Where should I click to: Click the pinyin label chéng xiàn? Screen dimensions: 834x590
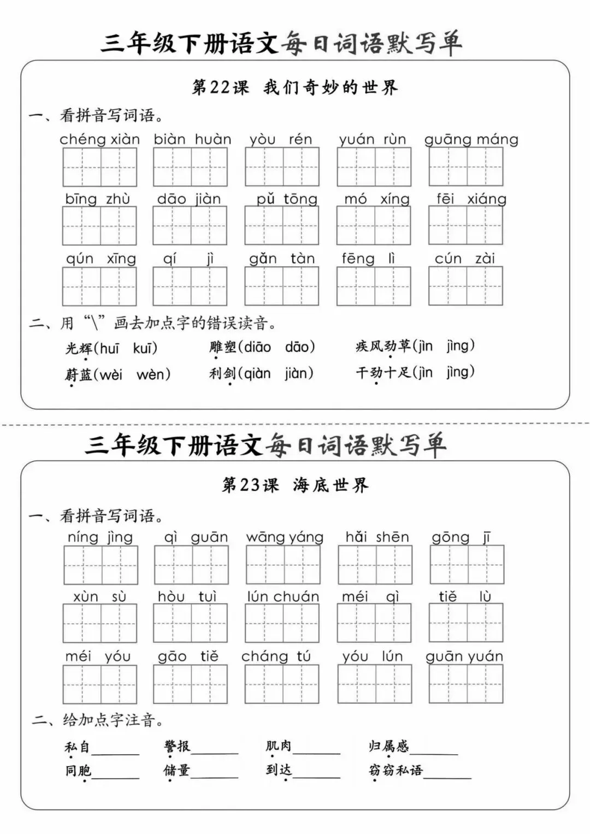(x=99, y=139)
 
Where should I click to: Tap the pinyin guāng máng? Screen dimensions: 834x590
(x=471, y=139)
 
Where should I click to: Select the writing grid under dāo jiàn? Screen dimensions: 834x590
(x=190, y=225)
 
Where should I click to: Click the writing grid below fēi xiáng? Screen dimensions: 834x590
(x=465, y=225)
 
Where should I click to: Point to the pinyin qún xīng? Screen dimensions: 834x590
(x=101, y=259)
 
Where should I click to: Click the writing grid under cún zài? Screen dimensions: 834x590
(x=465, y=286)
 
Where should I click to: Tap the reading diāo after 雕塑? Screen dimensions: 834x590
(x=257, y=347)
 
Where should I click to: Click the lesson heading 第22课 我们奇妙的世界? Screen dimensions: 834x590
(x=295, y=87)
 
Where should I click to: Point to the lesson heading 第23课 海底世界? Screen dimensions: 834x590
(x=295, y=485)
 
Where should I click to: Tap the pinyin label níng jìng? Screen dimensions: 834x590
(x=100, y=537)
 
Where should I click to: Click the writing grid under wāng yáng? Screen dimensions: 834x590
(x=283, y=565)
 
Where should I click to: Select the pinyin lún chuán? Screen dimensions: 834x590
(x=282, y=596)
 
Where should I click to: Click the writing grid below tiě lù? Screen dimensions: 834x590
(x=466, y=623)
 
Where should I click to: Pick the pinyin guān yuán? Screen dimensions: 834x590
(x=464, y=656)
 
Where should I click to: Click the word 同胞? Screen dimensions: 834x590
(x=78, y=771)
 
